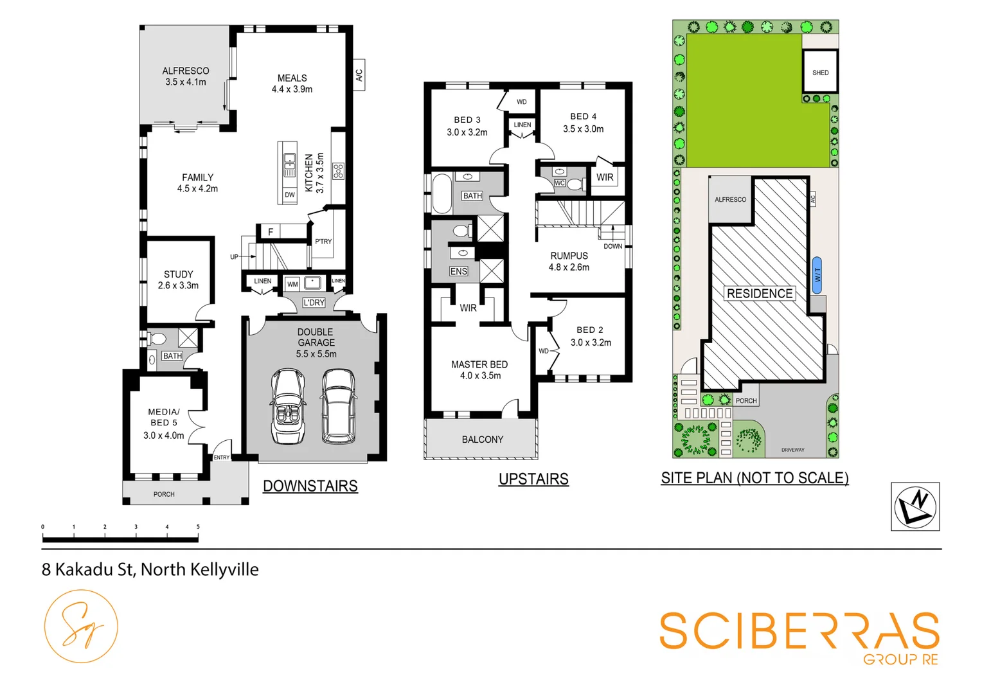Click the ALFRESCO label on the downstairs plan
coord(185,71)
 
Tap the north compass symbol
coord(915,506)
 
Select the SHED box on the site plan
coord(820,73)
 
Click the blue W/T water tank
coord(817,275)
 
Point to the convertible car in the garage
coord(287,406)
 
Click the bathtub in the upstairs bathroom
coord(442,193)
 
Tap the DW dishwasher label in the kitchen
coord(290,195)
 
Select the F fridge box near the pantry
coord(271,232)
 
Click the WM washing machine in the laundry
coord(292,284)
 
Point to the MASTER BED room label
coord(479,364)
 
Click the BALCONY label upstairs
coord(482,440)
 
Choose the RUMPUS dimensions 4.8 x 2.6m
coord(569,267)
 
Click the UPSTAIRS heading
coord(533,479)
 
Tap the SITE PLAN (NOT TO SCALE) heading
coord(754,478)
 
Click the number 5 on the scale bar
coord(198,527)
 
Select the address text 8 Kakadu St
coord(87,570)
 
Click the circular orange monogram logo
coord(81,627)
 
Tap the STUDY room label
coord(178,274)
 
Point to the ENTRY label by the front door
coord(222,458)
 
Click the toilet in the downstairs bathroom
coord(157,339)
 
